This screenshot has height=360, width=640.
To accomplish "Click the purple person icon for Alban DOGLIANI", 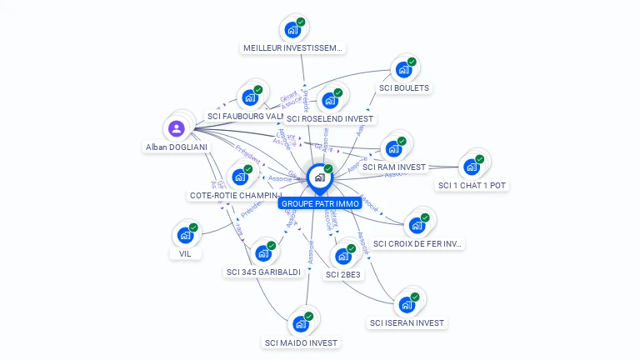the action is (x=176, y=128).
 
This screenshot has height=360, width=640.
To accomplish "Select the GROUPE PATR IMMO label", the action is (x=320, y=203).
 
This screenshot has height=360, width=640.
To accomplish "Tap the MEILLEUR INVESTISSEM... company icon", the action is (x=292, y=30).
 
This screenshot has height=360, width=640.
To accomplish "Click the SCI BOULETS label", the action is (x=405, y=87).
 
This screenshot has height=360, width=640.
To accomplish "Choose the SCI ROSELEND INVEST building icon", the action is (x=330, y=101).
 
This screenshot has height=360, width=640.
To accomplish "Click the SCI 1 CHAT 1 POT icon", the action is (x=472, y=166).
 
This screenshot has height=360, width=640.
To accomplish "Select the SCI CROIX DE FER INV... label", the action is (x=417, y=243).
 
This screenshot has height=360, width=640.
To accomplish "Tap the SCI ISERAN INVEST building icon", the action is (x=407, y=304).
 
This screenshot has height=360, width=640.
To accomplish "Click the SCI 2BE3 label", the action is (x=343, y=274).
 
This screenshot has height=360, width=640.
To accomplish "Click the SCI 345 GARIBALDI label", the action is (x=263, y=272).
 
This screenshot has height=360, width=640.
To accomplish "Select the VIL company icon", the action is (x=185, y=236).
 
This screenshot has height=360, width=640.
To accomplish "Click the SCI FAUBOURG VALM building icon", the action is (x=250, y=97).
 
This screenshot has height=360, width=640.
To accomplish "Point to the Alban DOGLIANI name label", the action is (x=176, y=147).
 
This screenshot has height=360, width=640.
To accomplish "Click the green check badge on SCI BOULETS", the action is (x=412, y=62).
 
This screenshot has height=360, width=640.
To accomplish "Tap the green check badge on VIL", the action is (x=193, y=227).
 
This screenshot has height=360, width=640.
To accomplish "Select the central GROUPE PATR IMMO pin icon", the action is (x=319, y=177).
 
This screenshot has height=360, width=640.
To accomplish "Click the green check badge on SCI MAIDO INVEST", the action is (x=308, y=316).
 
